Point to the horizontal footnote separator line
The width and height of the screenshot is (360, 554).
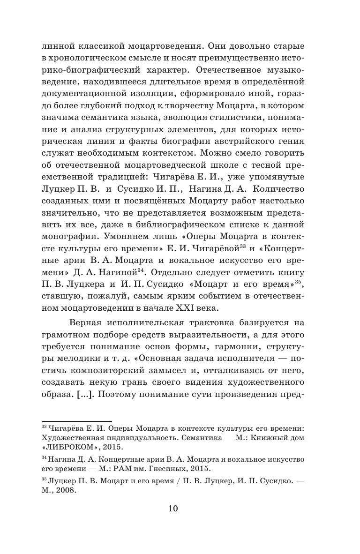click(x=77, y=421)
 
